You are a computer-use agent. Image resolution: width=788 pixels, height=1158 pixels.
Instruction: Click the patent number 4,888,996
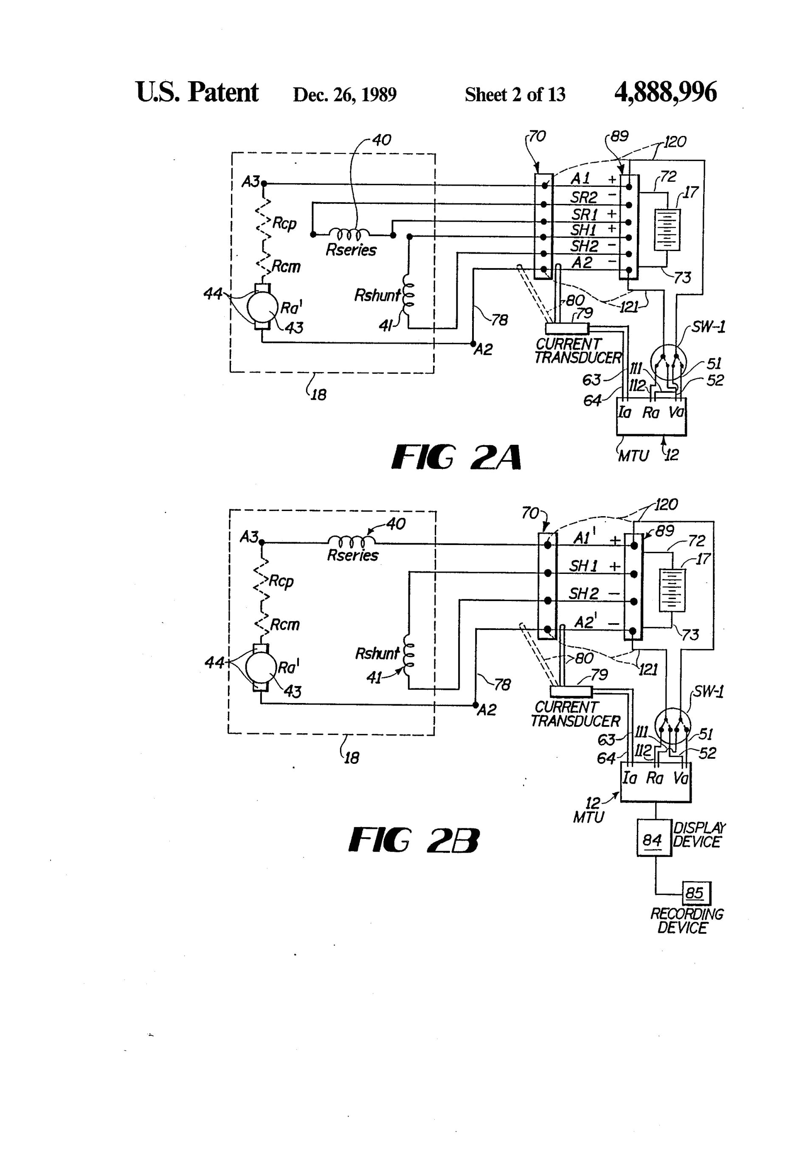click(665, 93)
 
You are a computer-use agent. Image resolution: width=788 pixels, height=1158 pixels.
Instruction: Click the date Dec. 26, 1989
click(345, 95)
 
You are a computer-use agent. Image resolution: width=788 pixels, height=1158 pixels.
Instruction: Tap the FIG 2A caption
click(456, 458)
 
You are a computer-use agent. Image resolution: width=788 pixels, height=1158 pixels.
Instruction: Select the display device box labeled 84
click(653, 840)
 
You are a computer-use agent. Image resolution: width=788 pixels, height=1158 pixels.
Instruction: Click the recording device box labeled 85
click(695, 893)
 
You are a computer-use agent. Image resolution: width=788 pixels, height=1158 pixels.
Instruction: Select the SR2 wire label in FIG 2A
click(584, 198)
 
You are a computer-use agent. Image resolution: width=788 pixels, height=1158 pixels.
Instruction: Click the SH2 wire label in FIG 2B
click(584, 594)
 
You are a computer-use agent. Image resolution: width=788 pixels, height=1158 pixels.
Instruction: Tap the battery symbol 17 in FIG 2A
click(667, 230)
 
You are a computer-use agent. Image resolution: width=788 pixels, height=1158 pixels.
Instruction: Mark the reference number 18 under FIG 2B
click(351, 758)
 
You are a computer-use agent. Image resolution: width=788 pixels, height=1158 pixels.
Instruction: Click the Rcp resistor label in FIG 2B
click(281, 582)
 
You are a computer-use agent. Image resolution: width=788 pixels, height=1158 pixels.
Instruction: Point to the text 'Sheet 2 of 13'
click(515, 95)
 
